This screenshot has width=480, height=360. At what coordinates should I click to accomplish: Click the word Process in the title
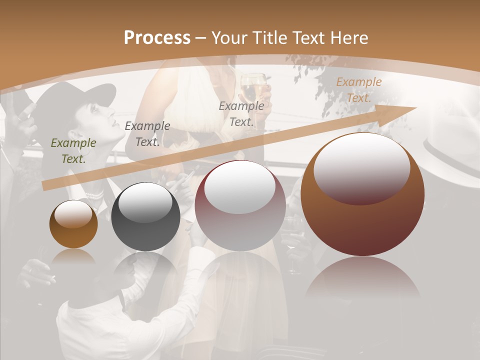[157, 37]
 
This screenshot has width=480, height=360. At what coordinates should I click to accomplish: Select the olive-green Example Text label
[73, 151]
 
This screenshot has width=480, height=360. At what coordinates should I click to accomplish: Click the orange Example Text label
[358, 90]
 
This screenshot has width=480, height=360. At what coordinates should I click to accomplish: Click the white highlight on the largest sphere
[361, 167]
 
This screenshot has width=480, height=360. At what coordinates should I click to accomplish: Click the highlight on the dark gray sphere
[145, 201]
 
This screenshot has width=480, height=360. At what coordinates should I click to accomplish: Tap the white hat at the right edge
[452, 155]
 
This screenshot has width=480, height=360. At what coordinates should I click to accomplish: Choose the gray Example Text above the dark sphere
[147, 134]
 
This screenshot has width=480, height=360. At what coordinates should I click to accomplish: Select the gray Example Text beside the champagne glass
[241, 113]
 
